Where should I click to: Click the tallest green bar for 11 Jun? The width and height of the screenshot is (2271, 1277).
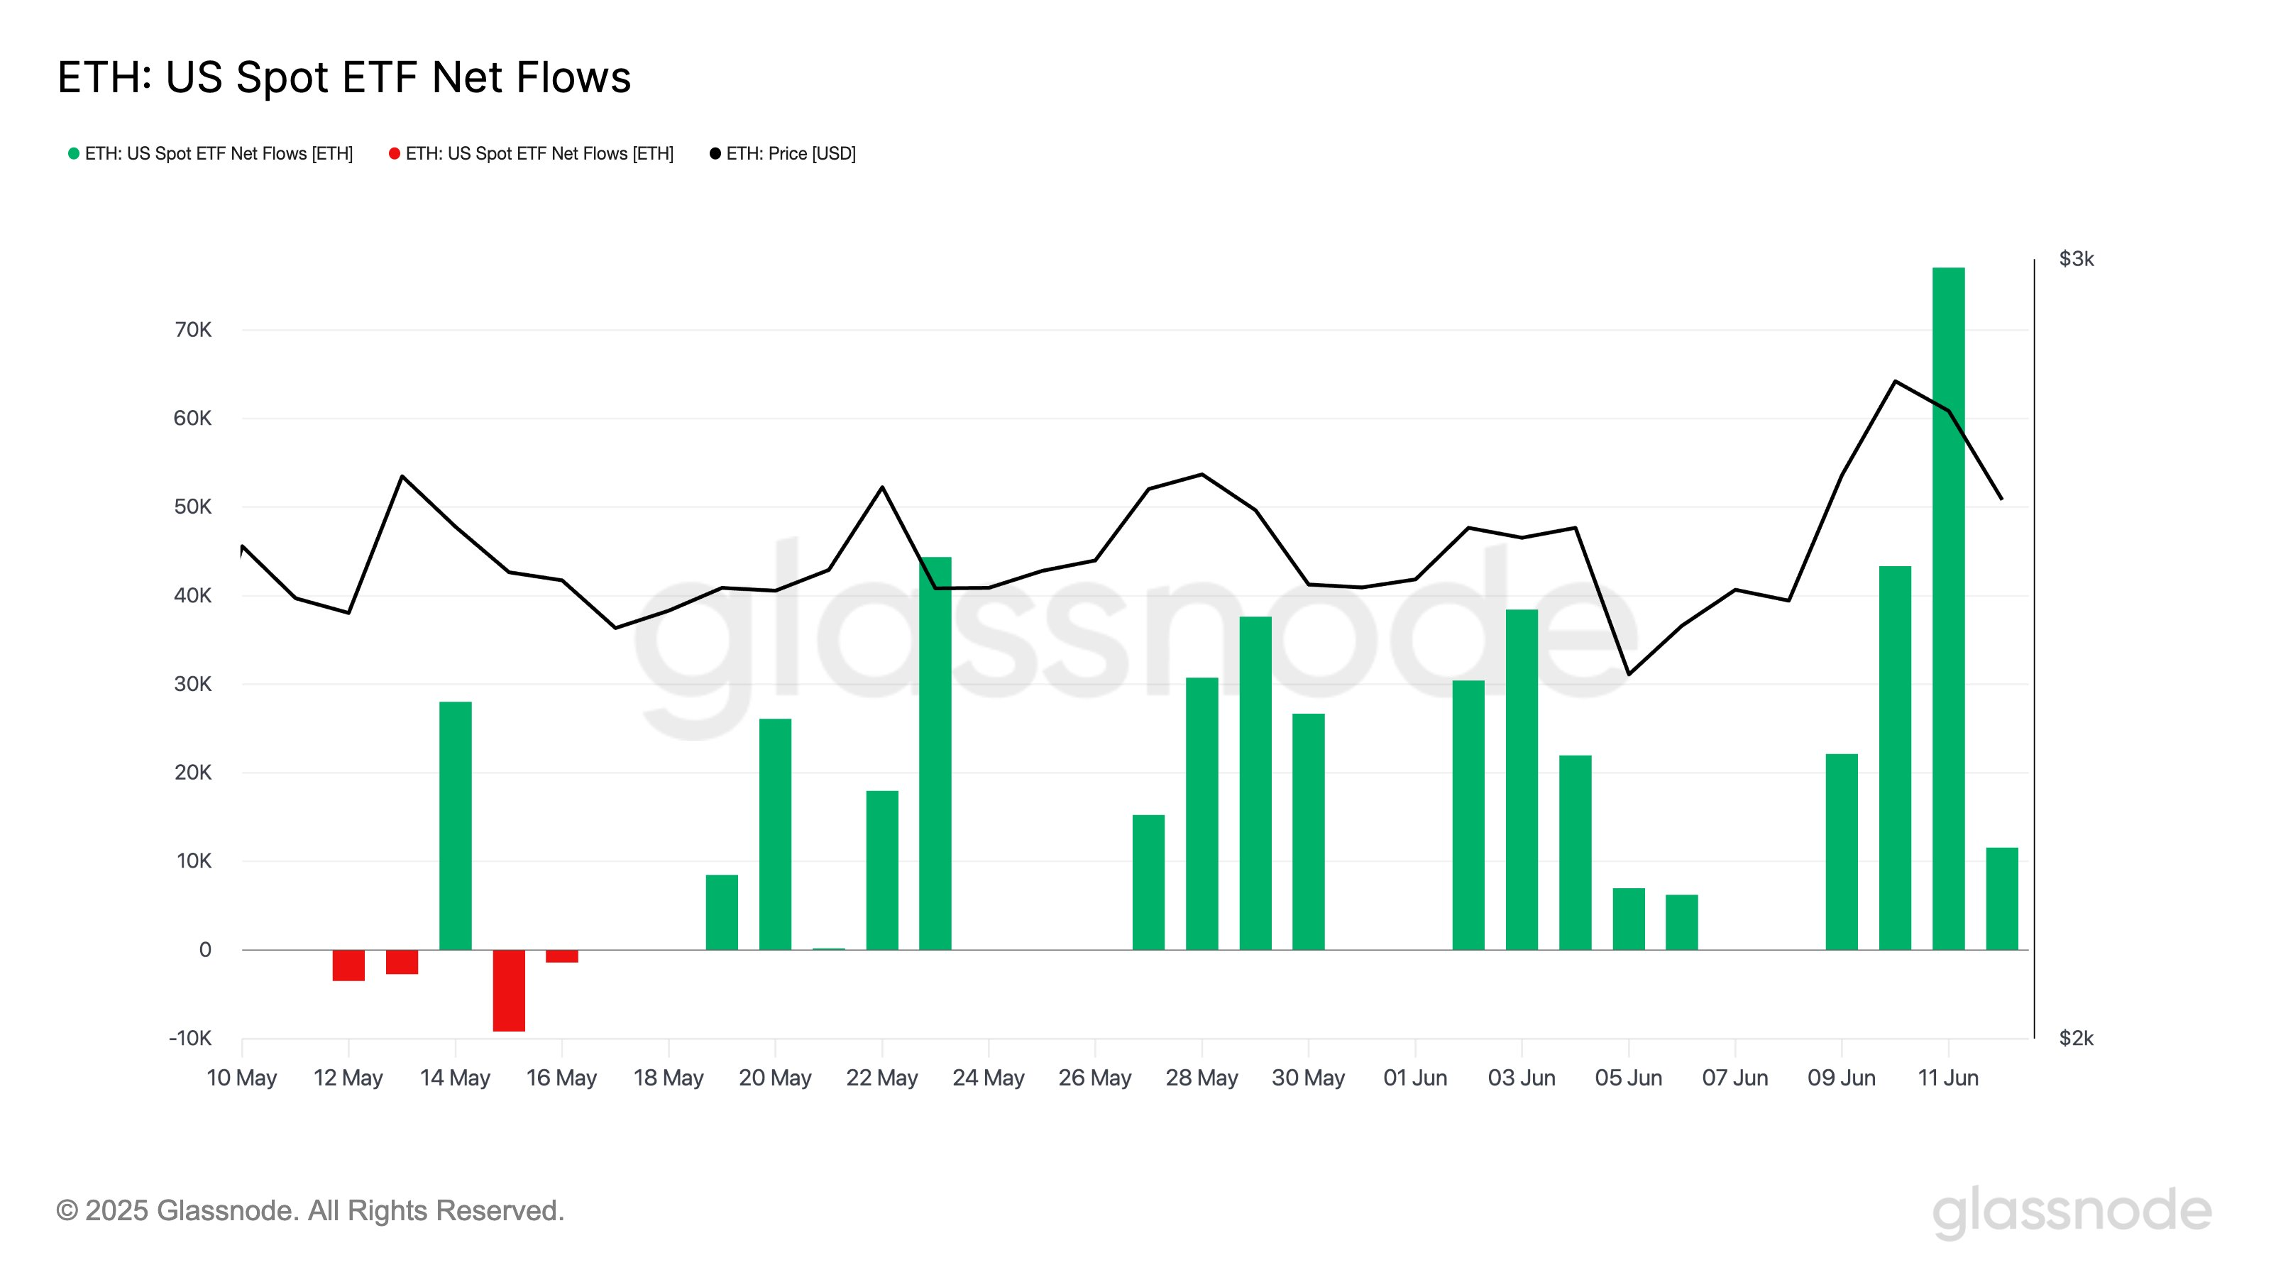tap(1947, 608)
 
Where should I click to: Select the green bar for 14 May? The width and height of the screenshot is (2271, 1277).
tap(455, 825)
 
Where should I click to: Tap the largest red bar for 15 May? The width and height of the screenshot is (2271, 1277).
tap(509, 990)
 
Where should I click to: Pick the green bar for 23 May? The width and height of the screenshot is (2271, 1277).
tap(935, 753)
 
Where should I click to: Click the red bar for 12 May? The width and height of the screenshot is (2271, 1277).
tap(348, 964)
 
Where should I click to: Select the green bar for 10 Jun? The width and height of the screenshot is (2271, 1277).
tap(1895, 757)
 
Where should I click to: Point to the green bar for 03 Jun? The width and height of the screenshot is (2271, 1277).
tap(1521, 779)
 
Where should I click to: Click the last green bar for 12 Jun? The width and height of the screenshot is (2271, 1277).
tap(2001, 898)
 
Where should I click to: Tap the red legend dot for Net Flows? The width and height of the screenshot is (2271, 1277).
tap(394, 153)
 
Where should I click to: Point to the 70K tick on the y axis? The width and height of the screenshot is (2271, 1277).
tap(193, 330)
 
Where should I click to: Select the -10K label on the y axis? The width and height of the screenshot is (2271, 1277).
tap(190, 1038)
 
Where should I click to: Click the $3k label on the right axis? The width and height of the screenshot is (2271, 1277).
tap(2076, 259)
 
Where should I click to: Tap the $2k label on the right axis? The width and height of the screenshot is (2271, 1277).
tap(2076, 1038)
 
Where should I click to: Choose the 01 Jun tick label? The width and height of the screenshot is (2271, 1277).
tap(1414, 1078)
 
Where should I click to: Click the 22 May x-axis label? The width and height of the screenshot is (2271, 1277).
tap(881, 1078)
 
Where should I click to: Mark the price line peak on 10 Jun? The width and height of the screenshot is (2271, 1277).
tap(1895, 381)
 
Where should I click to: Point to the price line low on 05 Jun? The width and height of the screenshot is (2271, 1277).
tap(1627, 674)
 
